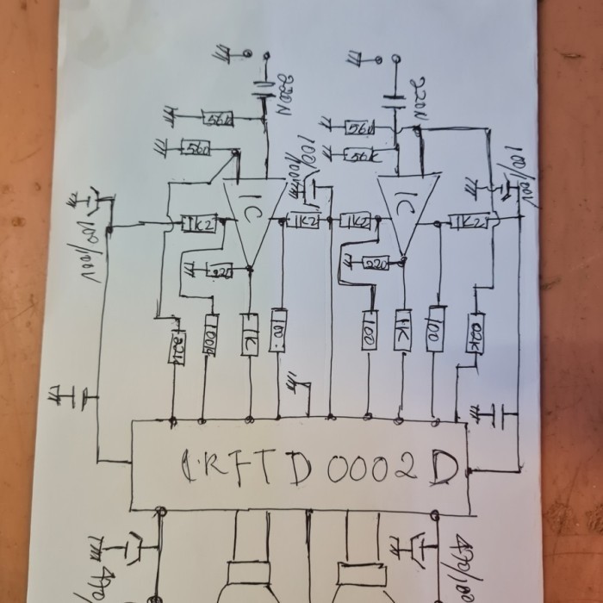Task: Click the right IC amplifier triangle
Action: pos(406,209)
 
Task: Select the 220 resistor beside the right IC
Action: pos(376,263)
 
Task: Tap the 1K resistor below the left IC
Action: pos(250,331)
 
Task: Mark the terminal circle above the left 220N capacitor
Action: pos(248,53)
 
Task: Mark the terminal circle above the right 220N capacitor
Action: pos(396,59)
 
